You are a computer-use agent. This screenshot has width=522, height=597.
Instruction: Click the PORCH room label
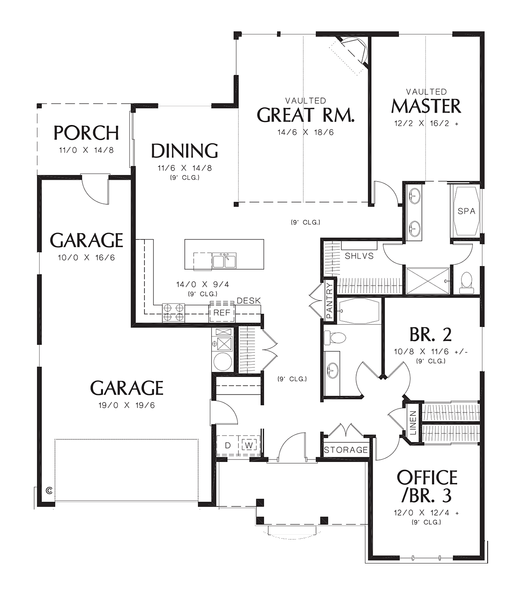tap(86, 133)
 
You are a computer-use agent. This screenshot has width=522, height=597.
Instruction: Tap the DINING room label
tap(184, 151)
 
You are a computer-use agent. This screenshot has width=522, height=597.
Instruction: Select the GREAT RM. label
tap(305, 115)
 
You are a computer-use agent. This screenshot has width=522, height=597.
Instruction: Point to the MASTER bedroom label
tap(426, 106)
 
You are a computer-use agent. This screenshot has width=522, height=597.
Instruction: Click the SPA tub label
tap(466, 211)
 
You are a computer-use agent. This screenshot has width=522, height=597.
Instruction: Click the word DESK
tap(249, 300)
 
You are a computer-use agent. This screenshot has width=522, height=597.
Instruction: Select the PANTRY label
tap(330, 300)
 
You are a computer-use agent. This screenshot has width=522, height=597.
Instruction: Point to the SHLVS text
tap(359, 256)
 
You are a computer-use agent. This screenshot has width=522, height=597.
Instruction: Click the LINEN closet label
tap(413, 423)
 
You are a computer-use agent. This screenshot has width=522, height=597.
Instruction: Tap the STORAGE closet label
tap(346, 450)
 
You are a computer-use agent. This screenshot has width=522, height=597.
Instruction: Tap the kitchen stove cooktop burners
tap(174, 312)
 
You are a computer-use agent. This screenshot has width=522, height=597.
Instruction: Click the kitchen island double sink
tap(224, 260)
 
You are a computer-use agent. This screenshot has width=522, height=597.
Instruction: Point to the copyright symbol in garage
tap(49, 490)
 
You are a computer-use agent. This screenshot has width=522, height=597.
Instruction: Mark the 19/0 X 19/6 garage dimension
tap(127, 405)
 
